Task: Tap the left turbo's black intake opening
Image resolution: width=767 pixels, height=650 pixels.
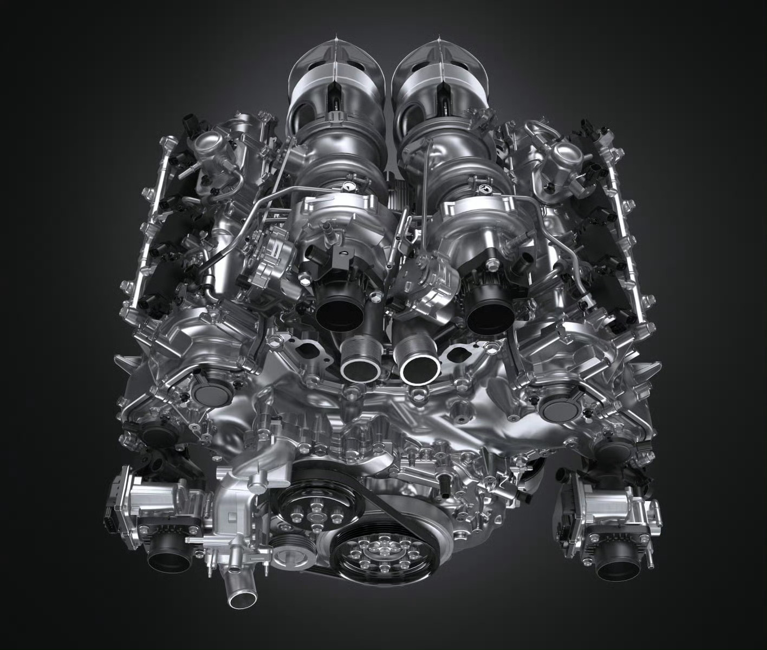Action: click(340, 311)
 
